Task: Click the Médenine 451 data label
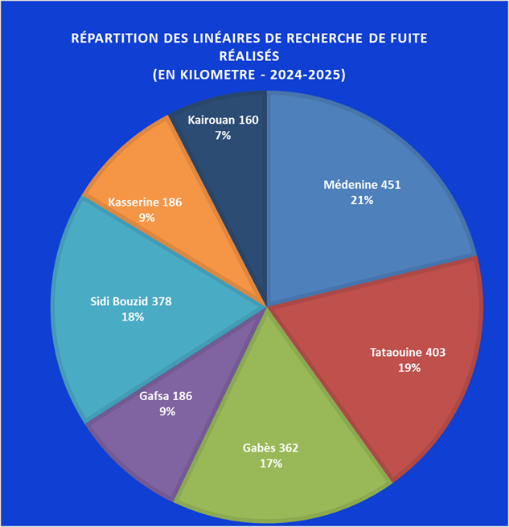pos(361,185)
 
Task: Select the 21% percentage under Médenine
pos(361,200)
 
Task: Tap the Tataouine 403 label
pos(408,352)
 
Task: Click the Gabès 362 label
pos(276,447)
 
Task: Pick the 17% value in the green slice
pos(276,463)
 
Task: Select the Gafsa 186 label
pos(166,396)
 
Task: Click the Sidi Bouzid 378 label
pos(132,301)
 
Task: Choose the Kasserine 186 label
pos(146,202)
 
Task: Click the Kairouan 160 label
pos(223,121)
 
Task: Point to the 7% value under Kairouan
pos(223,136)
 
